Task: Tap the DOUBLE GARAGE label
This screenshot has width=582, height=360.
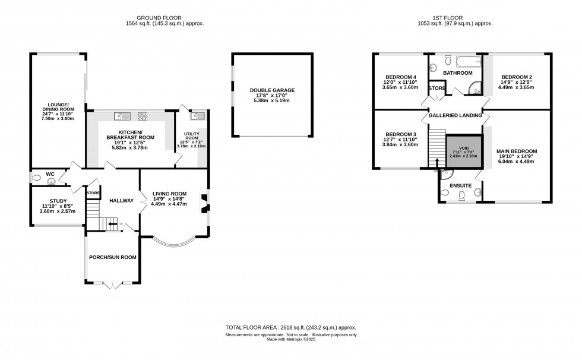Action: pyautogui.click(x=272, y=90)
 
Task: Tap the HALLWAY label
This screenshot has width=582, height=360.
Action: pyautogui.click(x=121, y=200)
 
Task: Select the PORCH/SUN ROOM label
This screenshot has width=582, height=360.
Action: pyautogui.click(x=113, y=257)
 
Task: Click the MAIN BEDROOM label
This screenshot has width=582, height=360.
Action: pyautogui.click(x=516, y=151)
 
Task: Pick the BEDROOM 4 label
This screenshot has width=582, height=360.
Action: pyautogui.click(x=400, y=77)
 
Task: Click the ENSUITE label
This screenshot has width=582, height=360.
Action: pyautogui.click(x=461, y=186)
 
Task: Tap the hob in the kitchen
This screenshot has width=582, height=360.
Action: pyautogui.click(x=143, y=116)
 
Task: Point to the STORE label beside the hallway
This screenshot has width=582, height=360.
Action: pyautogui.click(x=93, y=193)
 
